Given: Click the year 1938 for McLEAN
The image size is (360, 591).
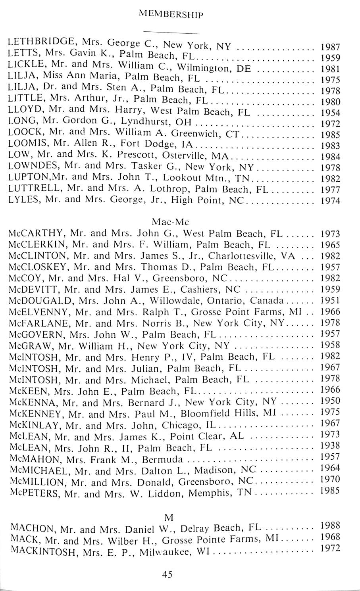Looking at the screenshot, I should pyautogui.click(x=330, y=446).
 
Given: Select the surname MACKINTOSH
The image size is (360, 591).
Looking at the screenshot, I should pyautogui.click(x=44, y=551).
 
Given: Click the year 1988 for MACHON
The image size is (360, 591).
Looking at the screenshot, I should pyautogui.click(x=330, y=526).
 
